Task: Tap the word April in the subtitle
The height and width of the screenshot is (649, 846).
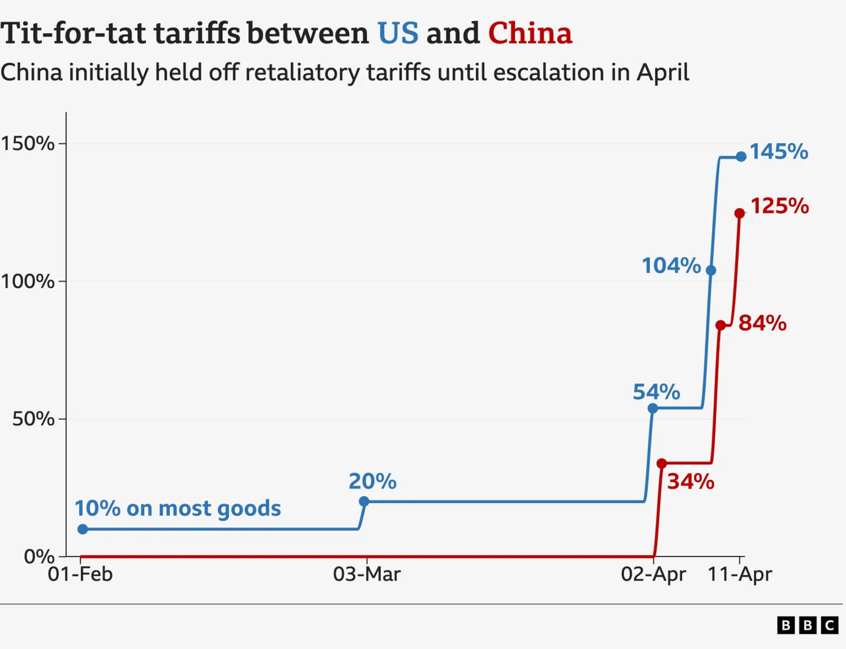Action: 663,73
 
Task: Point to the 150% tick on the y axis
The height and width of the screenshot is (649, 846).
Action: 28,143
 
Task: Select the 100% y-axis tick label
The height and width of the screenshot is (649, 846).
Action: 28,281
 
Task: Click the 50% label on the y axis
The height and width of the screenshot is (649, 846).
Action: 34,419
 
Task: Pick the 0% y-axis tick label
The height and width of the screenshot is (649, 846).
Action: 39,556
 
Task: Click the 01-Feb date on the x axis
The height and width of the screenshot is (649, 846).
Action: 80,574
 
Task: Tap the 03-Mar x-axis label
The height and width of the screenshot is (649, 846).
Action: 367,574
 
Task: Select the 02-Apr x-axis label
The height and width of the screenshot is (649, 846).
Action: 653,574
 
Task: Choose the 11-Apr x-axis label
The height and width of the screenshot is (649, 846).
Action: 740,574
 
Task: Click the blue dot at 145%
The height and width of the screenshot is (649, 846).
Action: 741,157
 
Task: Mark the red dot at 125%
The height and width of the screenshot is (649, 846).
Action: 740,213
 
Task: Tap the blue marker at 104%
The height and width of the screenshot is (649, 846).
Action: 711,271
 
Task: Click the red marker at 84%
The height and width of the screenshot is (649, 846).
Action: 720,326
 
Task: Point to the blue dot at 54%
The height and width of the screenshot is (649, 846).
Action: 653,408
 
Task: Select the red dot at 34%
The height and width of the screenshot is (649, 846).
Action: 662,463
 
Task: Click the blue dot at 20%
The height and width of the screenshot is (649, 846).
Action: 364,501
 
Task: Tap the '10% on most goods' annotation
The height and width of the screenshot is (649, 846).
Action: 177,508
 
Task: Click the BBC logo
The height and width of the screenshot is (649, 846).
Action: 807,625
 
